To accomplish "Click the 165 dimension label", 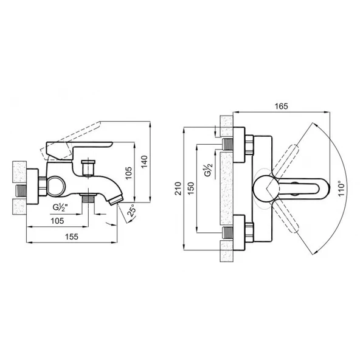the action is [x=281, y=106].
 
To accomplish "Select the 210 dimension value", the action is [x=178, y=189].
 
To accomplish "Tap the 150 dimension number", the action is [x=190, y=189].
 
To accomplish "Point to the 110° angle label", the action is [x=342, y=189].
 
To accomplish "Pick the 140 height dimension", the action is [x=144, y=162].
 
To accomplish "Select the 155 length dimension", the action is [x=72, y=237].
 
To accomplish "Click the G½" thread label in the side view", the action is [x=60, y=207].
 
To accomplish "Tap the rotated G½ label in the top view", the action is [x=209, y=170].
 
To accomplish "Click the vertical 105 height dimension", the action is [x=129, y=173].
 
